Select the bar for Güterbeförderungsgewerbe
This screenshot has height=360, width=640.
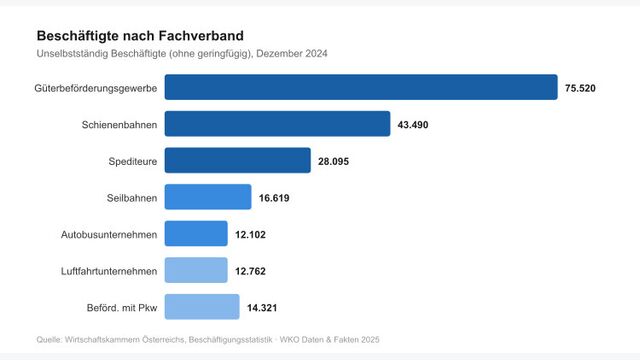click(x=360, y=88)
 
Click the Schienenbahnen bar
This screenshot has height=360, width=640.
click(x=277, y=124)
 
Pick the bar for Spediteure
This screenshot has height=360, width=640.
click(x=237, y=161)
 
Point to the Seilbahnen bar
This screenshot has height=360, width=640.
click(x=207, y=197)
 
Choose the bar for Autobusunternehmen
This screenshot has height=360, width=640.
click(x=196, y=234)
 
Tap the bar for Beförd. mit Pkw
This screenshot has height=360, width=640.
click(x=201, y=306)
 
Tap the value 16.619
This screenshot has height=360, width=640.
click(x=274, y=198)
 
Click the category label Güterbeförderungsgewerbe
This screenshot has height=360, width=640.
click(x=95, y=88)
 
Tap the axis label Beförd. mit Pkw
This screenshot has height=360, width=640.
click(x=118, y=307)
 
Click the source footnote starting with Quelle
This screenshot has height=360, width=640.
click(x=207, y=340)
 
